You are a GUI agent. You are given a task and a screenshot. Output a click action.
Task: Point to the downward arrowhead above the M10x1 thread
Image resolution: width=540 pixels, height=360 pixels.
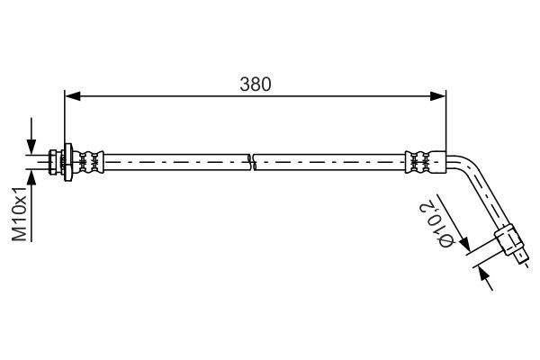[x=31, y=148]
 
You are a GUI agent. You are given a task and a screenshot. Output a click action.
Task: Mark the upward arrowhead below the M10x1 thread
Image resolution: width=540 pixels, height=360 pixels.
[x=31, y=176]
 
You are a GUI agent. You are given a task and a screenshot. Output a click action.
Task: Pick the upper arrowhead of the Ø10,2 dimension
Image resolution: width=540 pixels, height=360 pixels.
[x=464, y=247]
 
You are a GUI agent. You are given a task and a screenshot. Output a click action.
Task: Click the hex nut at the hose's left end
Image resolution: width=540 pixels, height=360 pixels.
[x=58, y=162]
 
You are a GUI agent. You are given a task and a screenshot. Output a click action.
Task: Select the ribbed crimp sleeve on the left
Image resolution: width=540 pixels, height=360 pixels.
[x=91, y=162]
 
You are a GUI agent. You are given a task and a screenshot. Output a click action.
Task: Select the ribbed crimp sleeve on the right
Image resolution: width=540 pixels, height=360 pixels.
[x=419, y=162]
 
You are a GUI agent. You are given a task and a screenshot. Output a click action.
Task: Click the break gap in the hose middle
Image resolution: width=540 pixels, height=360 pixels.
[x=251, y=162]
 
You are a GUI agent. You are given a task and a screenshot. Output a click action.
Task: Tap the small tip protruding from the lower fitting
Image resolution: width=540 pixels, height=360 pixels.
[x=523, y=261]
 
